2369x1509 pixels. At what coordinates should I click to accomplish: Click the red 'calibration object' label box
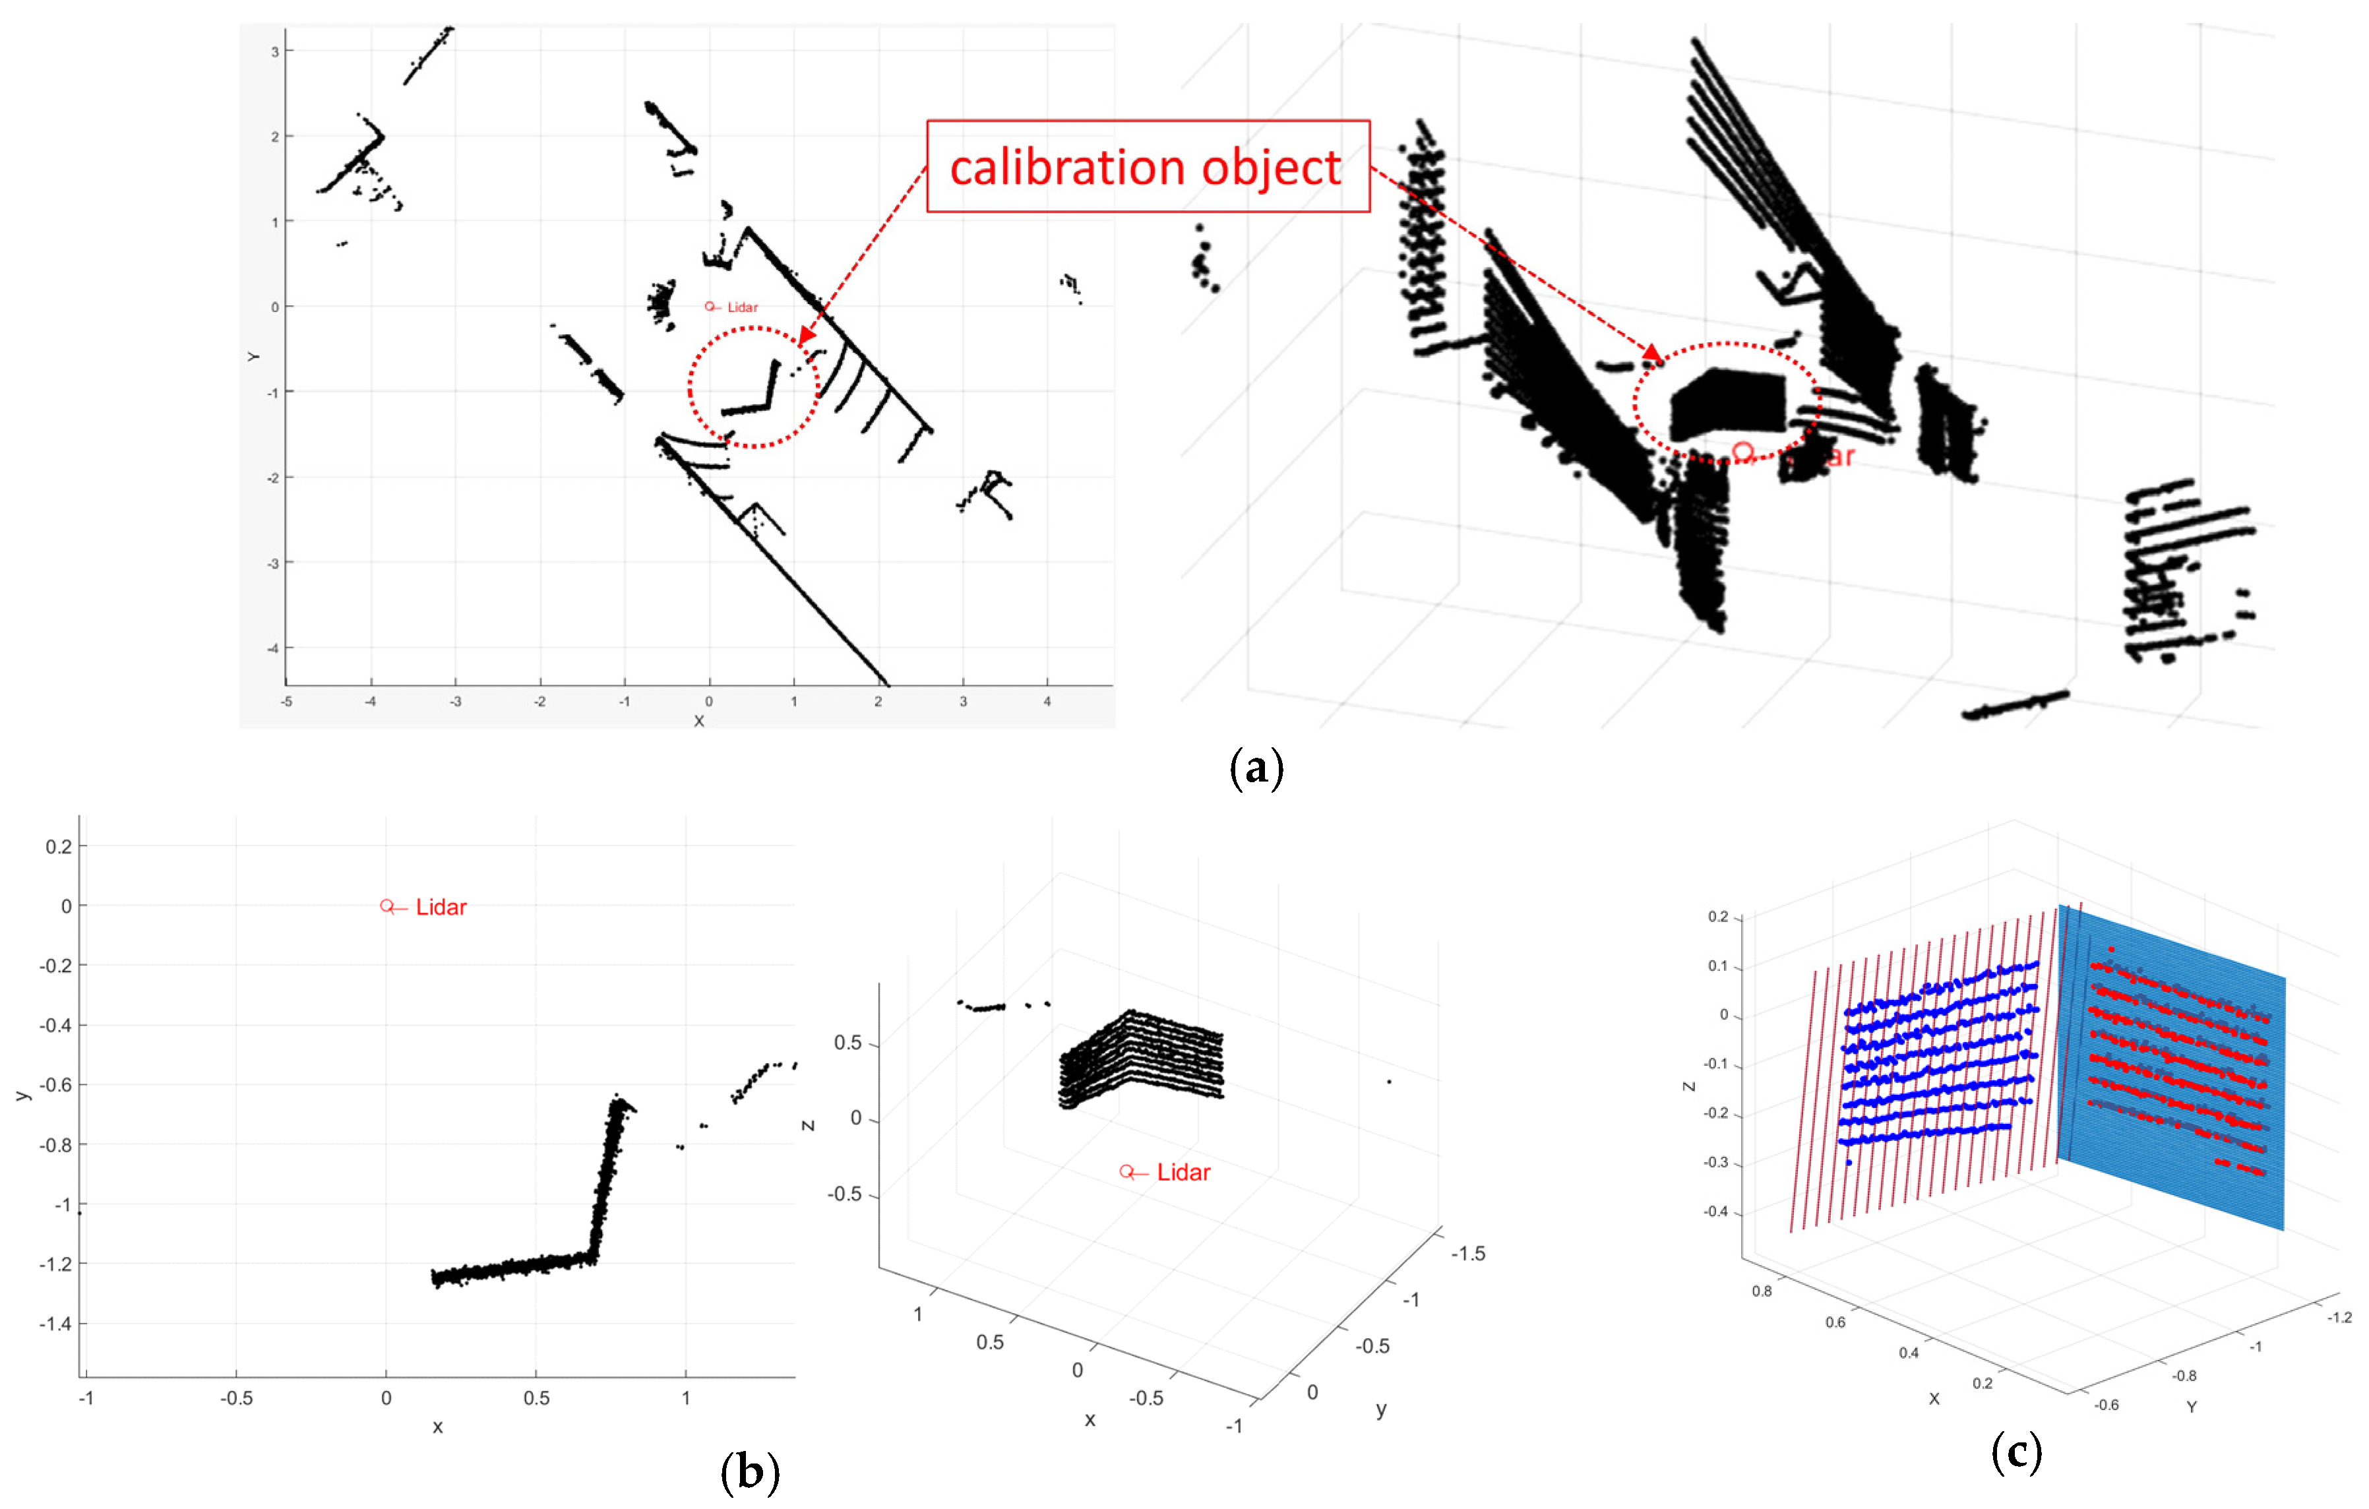pos(1147,166)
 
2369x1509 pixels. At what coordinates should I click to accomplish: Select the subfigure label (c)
pos(2015,1452)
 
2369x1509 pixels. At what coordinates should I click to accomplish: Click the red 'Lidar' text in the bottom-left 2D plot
pos(441,907)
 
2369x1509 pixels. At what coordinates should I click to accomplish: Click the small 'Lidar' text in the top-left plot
pos(743,308)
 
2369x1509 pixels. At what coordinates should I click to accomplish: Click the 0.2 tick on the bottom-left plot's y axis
pos(59,846)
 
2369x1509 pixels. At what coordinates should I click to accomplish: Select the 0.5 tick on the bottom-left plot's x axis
pos(536,1398)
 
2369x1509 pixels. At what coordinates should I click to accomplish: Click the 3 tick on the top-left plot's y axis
pos(276,51)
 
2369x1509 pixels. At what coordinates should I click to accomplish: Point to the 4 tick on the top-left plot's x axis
pos(1047,701)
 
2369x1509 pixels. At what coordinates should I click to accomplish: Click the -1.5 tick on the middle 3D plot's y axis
pos(1468,1254)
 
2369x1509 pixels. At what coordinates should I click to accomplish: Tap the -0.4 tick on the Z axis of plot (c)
pos(1716,1212)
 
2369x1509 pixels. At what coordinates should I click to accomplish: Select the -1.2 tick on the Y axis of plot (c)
pos(2339,1317)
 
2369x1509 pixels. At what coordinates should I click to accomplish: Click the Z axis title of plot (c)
pos(1689,1086)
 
